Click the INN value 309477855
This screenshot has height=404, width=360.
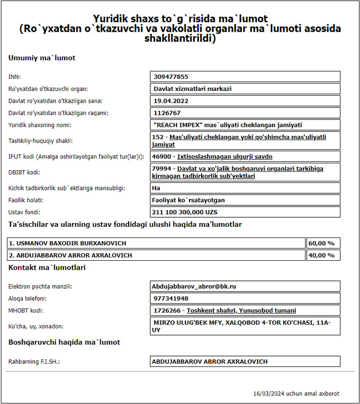click(x=171, y=77)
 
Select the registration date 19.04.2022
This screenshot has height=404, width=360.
click(x=171, y=100)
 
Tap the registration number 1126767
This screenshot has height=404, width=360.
click(x=167, y=113)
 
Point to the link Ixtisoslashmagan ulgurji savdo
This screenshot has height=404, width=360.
click(x=225, y=157)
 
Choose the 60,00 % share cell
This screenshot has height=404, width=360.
click(x=323, y=243)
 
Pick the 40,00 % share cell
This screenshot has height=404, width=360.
click(x=323, y=255)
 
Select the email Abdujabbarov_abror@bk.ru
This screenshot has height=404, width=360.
click(x=194, y=286)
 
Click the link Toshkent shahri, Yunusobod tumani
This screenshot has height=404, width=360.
click(x=241, y=310)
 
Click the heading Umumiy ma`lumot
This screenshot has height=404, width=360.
click(x=42, y=58)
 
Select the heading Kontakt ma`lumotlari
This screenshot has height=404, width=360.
click(x=47, y=268)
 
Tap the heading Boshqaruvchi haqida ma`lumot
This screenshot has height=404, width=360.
click(x=64, y=342)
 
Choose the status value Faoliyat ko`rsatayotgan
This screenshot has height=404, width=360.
click(x=188, y=200)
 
